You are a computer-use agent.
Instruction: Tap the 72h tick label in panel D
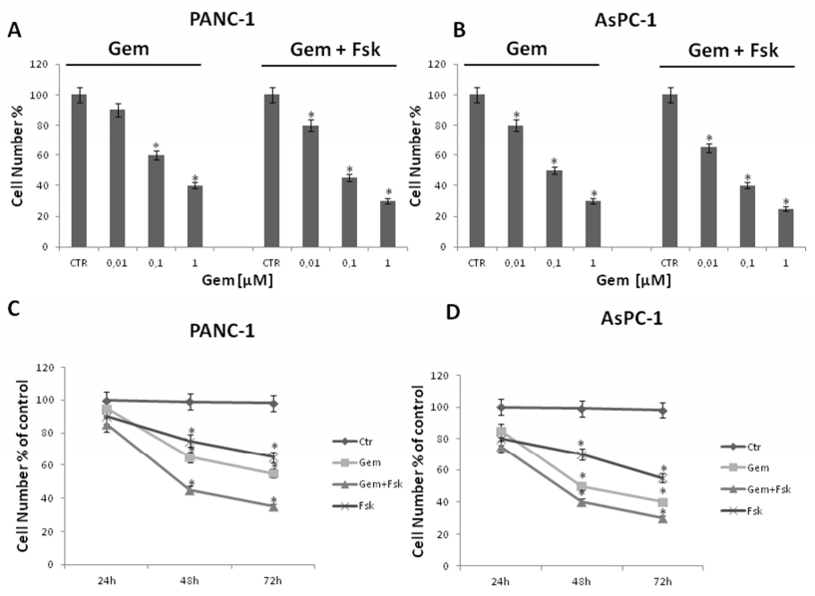[661, 579]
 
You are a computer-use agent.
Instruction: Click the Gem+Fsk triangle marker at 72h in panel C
[272, 506]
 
